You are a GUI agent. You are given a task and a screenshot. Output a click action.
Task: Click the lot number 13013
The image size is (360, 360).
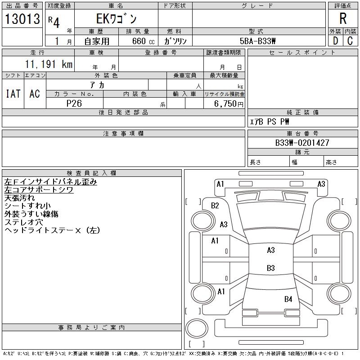point(22,19)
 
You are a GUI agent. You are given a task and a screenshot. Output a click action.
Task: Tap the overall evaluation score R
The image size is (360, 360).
point(343,19)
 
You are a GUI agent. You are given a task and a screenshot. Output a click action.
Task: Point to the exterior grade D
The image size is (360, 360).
point(335,40)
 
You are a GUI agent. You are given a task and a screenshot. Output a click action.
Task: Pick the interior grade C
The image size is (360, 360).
point(350,40)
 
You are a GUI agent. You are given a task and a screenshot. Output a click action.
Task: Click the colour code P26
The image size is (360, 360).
point(74,103)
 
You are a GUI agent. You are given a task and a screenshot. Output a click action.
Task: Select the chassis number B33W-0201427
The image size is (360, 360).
point(302,143)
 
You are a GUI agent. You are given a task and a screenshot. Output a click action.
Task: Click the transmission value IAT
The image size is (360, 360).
point(13,94)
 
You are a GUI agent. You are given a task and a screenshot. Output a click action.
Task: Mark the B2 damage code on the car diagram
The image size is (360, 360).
point(215,206)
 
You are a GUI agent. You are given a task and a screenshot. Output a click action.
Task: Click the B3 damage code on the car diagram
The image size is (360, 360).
point(270,268)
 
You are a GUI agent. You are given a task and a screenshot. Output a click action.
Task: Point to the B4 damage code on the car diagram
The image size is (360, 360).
point(288,299)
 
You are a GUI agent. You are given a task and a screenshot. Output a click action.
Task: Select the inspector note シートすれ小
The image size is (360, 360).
point(31,206)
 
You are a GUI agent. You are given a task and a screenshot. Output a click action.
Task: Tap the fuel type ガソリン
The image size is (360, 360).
point(175,41)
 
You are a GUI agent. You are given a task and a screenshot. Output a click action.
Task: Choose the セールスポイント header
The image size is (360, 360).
point(302,53)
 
